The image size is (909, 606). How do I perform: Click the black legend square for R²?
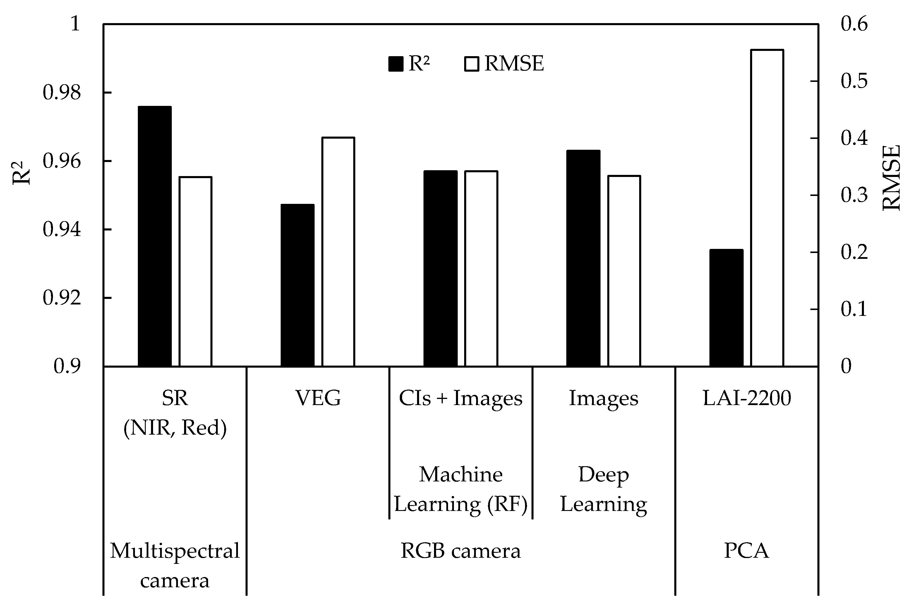(396, 64)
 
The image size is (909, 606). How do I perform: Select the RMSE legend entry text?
(514, 63)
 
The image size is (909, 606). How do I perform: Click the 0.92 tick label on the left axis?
(62, 298)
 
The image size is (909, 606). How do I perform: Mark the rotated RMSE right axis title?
(891, 178)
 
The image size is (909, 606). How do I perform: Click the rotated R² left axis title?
(21, 173)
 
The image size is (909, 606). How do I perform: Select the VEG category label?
(318, 398)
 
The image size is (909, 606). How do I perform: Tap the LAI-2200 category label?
(747, 398)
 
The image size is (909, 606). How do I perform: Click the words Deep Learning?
(603, 489)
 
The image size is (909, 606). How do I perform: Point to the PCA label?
(746, 551)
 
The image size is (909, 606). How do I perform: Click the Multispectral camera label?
(175, 565)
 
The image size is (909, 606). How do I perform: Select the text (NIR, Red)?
(175, 428)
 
